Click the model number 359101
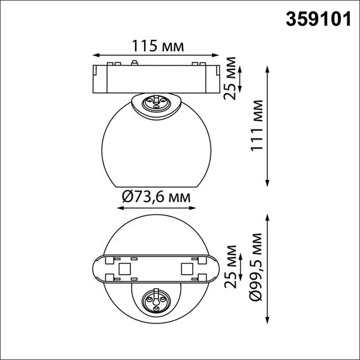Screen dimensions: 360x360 pos(319,19)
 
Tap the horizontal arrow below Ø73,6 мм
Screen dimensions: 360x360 pos(154,207)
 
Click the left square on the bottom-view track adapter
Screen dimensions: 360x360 pos(125,268)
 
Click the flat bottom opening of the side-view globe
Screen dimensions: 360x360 pos(155,188)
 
